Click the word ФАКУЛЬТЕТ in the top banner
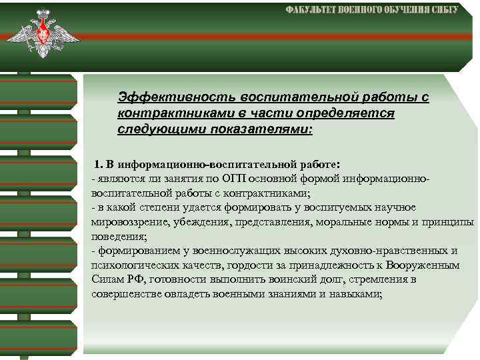(313, 10)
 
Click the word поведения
(116, 236)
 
